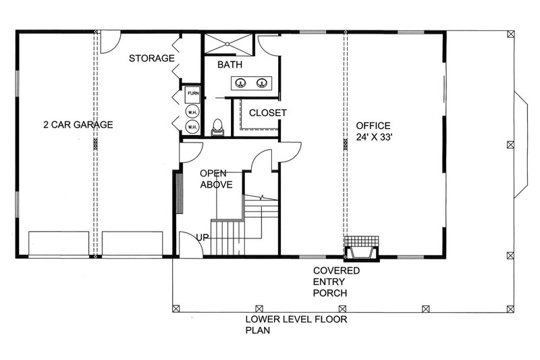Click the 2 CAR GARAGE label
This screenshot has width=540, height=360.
pos(78,124)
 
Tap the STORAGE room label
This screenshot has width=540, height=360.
pos(153,59)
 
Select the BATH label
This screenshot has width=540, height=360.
pos(230,66)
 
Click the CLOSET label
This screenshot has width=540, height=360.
pos(268,113)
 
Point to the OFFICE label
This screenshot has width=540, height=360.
pos(373,125)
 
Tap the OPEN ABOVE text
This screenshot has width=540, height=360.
pos(216,178)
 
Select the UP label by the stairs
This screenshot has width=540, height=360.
pos(202,237)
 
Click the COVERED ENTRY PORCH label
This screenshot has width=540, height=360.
pos(335,282)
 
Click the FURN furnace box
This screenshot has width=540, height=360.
pos(192,94)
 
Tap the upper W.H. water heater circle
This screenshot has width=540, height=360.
pos(192,111)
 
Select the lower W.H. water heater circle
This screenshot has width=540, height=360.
pos(192,126)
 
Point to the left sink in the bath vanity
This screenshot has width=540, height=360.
pos(240,83)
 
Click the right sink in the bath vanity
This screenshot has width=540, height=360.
pos(263,83)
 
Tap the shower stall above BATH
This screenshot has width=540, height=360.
pos(228,42)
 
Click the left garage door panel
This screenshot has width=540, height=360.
pos(59,242)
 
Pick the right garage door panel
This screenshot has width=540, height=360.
pos(133,242)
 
